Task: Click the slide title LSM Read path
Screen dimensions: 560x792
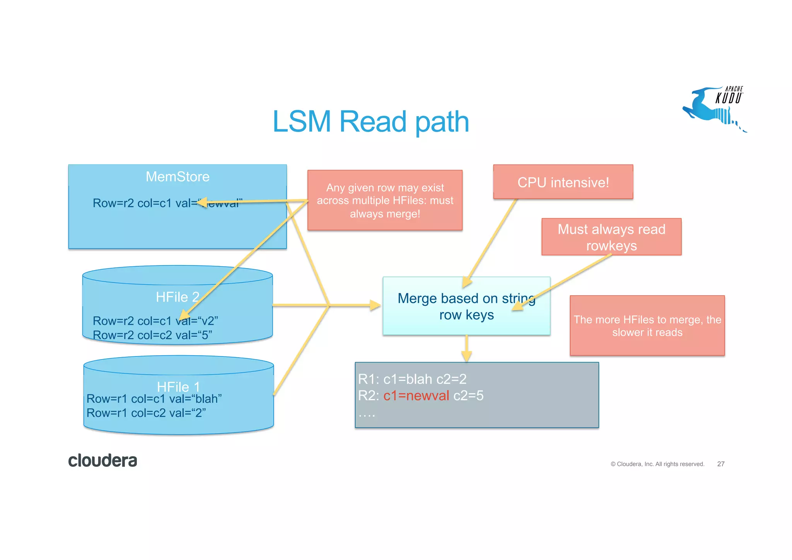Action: (x=370, y=122)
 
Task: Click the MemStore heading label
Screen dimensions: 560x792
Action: (x=178, y=177)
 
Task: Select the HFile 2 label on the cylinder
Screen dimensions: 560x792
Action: (x=177, y=297)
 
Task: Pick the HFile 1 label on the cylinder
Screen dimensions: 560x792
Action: (x=178, y=386)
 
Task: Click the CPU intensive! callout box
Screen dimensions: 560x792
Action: (x=563, y=182)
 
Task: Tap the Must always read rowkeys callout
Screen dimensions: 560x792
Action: (x=611, y=237)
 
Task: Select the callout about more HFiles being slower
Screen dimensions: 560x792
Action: (x=647, y=325)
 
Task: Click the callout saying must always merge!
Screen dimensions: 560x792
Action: (x=385, y=200)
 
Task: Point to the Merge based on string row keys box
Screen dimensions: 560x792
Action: (x=466, y=306)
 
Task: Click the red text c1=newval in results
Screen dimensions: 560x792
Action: (x=416, y=396)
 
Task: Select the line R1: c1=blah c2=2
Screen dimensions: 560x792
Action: (x=412, y=379)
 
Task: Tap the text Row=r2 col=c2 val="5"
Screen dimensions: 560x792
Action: (x=152, y=335)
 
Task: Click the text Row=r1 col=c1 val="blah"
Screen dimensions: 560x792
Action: (x=154, y=399)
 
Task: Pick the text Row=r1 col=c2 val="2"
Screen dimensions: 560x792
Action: (x=146, y=413)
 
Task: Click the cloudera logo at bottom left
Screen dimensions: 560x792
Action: (x=102, y=461)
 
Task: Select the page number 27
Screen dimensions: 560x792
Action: (x=720, y=464)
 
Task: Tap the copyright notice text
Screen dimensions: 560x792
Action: (x=657, y=464)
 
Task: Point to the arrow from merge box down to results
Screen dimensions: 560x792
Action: (x=466, y=349)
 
